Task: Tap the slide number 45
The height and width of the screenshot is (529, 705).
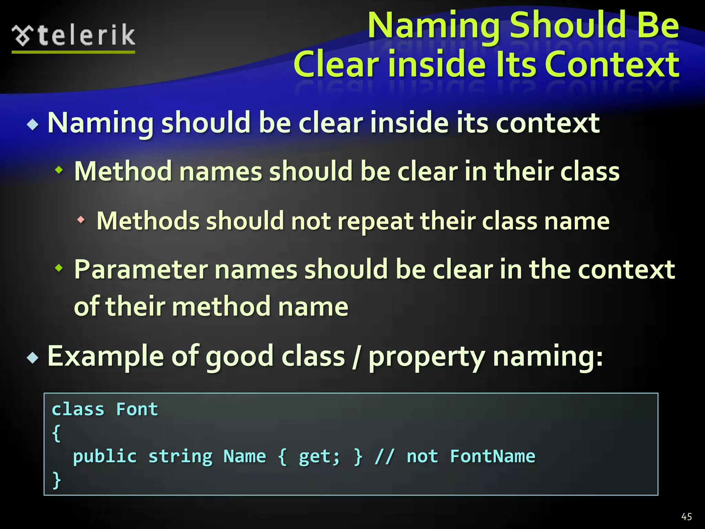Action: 686,517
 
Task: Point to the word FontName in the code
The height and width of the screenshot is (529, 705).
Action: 493,457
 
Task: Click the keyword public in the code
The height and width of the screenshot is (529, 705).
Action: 105,457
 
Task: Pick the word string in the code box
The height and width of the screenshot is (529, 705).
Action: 180,457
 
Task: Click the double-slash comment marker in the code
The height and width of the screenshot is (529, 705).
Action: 385,457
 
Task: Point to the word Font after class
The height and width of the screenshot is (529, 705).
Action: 137,409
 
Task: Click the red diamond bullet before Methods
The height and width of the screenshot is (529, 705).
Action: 81,220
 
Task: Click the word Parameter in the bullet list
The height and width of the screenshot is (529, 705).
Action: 141,269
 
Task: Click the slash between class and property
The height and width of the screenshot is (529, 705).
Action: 357,357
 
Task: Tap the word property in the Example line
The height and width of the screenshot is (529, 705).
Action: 427,357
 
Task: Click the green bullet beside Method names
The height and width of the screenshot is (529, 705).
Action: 59,169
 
